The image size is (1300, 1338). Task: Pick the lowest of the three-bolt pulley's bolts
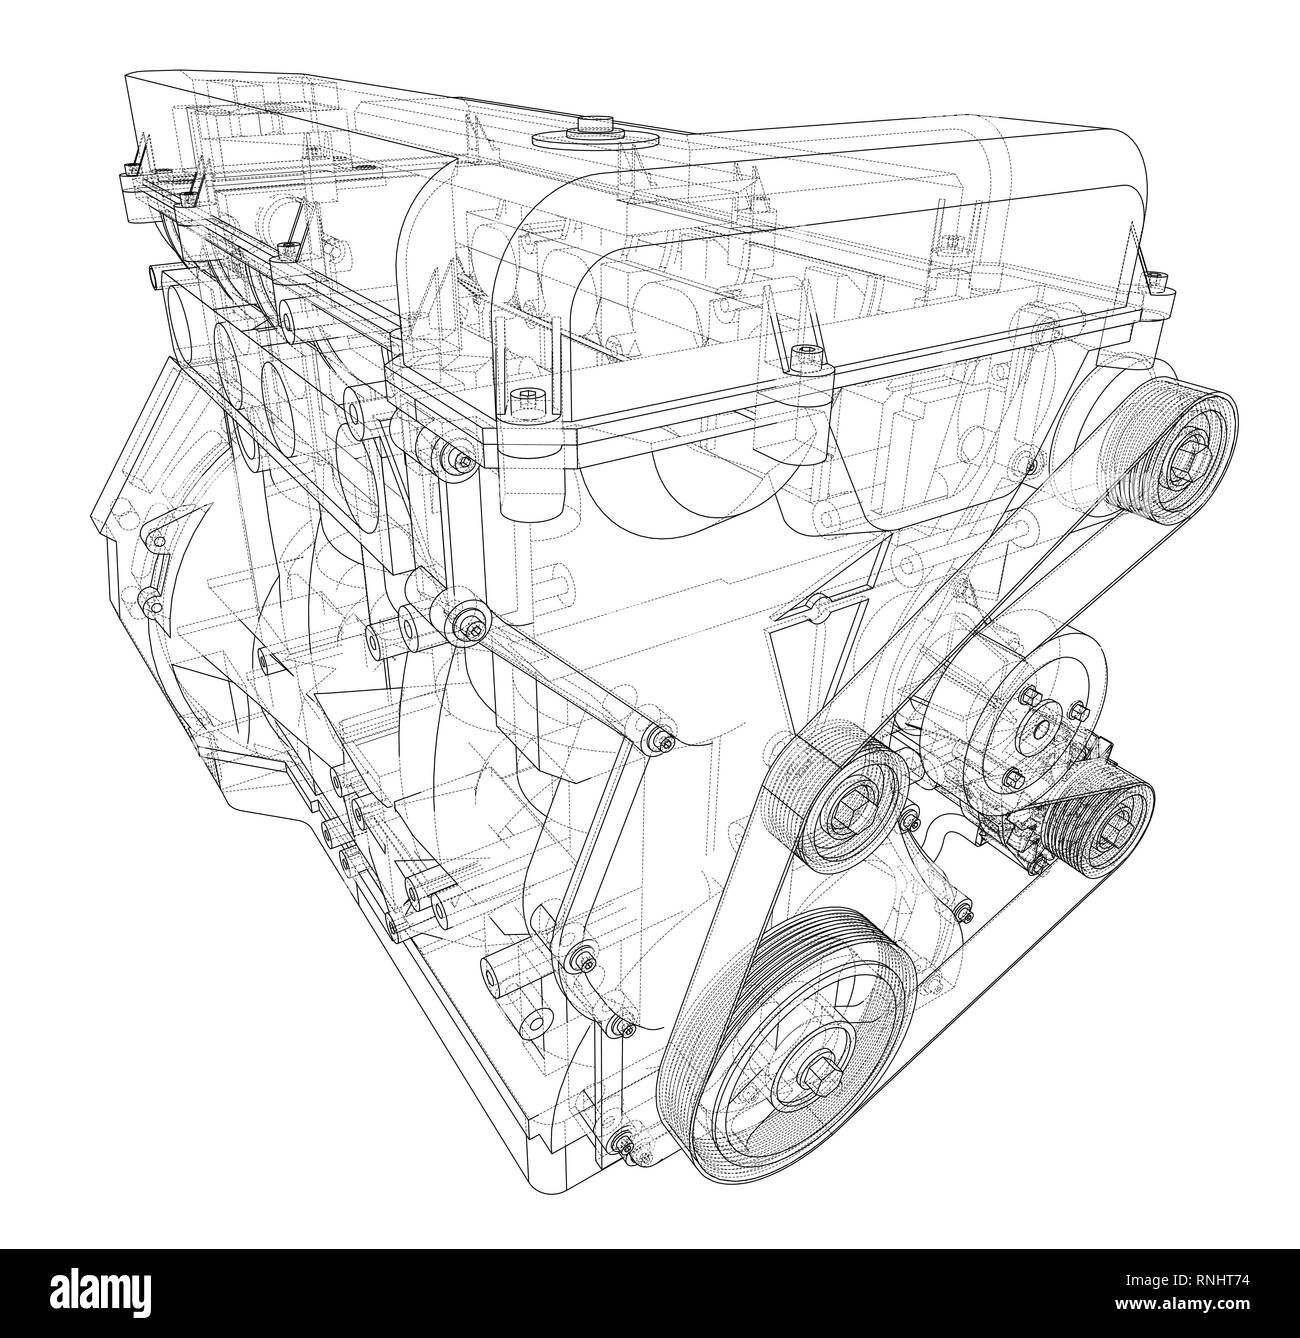(1012, 780)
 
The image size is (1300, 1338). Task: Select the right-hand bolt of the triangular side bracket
(661, 741)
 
